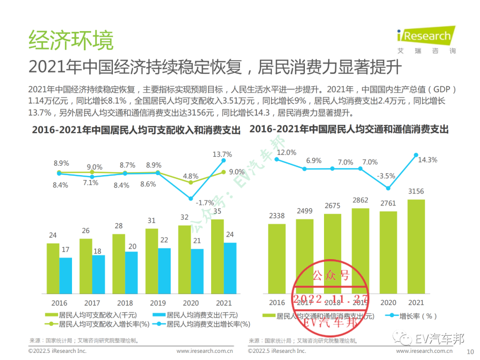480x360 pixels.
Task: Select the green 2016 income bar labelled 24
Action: [53, 268]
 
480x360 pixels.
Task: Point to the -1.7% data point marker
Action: [191, 199]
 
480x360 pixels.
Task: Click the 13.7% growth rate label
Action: [222, 154]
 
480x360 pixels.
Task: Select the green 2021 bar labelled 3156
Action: [416, 246]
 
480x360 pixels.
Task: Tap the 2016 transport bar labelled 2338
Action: [277, 258]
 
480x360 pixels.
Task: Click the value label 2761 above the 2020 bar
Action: [388, 203]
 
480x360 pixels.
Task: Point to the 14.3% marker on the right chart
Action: [416, 155]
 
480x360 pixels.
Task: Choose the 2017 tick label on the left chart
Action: [92, 303]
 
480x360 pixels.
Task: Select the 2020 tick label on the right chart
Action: [388, 303]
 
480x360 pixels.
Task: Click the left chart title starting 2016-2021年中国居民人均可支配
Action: [136, 130]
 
